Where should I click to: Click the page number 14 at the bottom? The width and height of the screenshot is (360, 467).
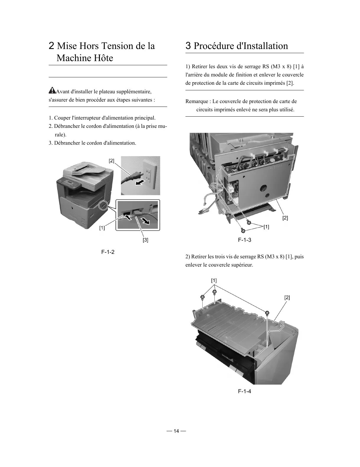click(x=176, y=431)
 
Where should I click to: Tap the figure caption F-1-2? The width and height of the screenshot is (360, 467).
click(x=108, y=252)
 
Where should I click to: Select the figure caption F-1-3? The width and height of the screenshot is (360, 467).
click(x=245, y=240)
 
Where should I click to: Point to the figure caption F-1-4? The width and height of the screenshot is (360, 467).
click(x=245, y=391)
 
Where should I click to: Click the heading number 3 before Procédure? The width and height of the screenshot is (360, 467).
click(x=188, y=46)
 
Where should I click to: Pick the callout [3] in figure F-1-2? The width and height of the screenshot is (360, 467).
click(x=145, y=240)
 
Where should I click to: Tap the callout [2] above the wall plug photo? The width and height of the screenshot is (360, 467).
click(x=111, y=161)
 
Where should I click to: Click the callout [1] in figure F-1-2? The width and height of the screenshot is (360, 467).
click(x=102, y=228)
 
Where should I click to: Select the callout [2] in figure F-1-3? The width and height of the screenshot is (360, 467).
click(x=285, y=218)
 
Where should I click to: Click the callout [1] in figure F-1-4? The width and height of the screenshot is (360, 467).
click(x=214, y=280)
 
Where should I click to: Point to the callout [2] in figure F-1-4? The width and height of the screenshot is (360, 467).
click(x=287, y=298)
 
